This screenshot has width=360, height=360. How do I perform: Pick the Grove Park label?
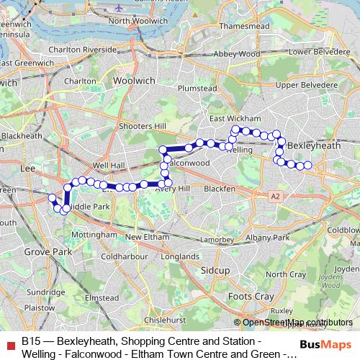(x=42, y=253)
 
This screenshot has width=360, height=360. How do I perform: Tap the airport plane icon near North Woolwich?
(x=117, y=7)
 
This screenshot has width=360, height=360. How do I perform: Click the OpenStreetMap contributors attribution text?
(x=297, y=323)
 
